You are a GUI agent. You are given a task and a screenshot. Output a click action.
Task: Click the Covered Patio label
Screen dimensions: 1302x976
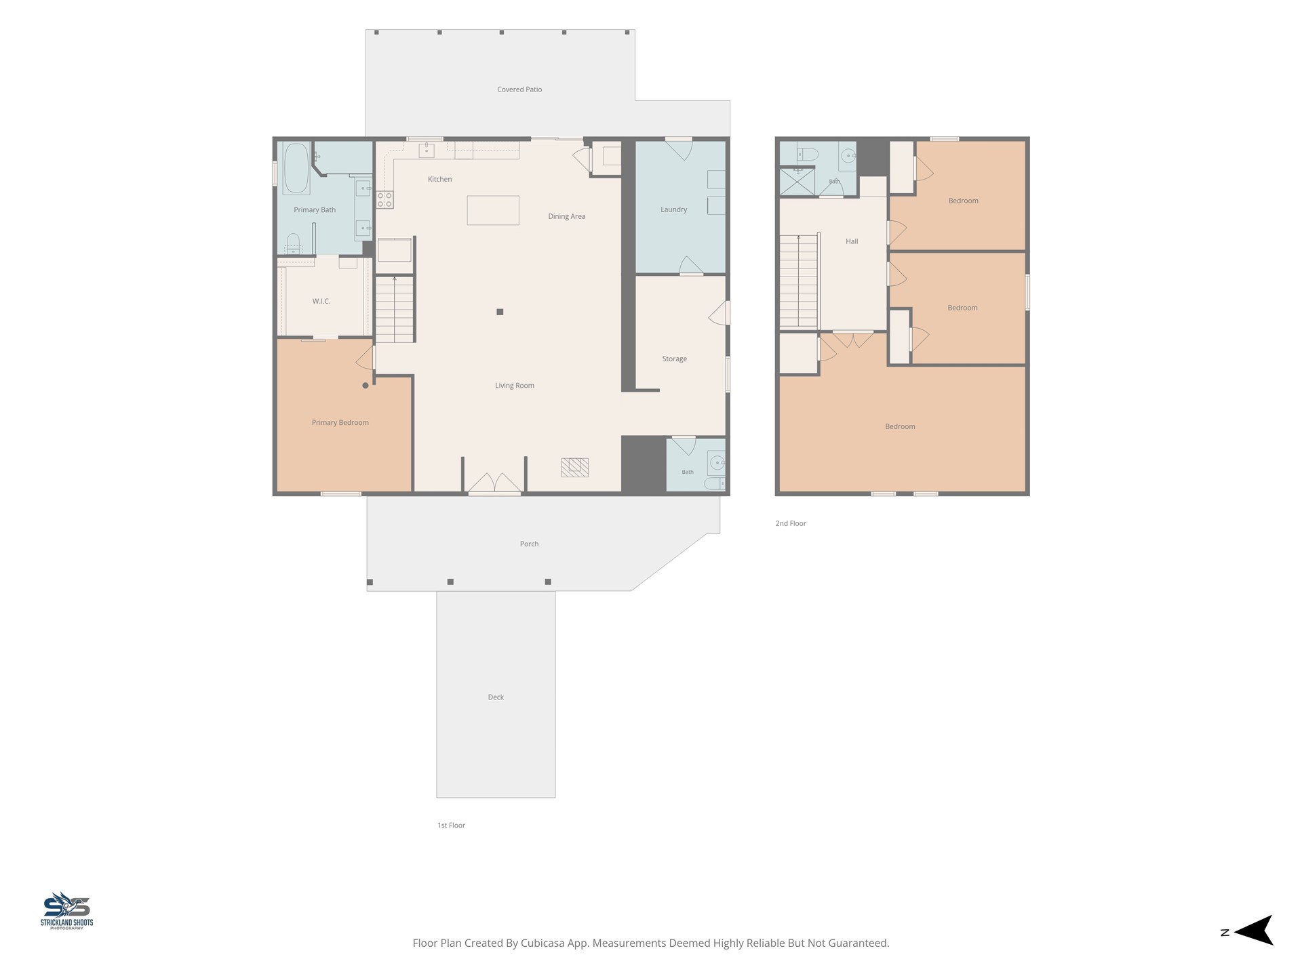pos(519,89)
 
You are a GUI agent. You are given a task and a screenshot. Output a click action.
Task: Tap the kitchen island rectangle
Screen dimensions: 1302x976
pos(493,210)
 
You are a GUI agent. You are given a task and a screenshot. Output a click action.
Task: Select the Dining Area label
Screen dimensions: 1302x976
pos(567,216)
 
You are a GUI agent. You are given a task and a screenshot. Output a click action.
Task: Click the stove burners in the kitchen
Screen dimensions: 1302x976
pos(385,199)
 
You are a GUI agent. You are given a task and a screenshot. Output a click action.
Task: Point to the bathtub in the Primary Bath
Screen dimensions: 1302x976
pos(296,168)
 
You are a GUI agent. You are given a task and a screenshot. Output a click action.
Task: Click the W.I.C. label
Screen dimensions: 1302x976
pos(321,301)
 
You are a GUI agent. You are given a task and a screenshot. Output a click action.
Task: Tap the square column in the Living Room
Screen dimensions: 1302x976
pos(500,312)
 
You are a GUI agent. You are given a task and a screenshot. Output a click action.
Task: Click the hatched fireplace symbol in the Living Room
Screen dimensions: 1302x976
pos(574,467)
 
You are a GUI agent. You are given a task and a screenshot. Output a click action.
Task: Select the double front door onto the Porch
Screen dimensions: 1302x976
pos(494,483)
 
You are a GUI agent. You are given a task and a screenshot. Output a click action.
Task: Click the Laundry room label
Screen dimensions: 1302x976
pos(674,209)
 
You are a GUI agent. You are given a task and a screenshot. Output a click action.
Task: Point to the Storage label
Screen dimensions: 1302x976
pos(675,359)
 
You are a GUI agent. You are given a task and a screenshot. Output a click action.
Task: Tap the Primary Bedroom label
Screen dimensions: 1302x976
pos(340,422)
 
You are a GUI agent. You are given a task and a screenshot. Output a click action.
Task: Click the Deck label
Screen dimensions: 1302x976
pos(496,697)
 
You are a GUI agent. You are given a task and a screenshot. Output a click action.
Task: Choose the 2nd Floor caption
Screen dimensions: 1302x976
pos(791,523)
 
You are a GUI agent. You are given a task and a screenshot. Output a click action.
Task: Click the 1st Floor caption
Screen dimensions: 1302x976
pos(452,825)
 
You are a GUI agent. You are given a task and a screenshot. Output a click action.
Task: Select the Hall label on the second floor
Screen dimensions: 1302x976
pos(852,241)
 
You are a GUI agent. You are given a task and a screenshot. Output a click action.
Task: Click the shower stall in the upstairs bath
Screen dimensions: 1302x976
pos(797,182)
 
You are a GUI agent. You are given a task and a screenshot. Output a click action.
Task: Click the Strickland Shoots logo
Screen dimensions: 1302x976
pos(66,910)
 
